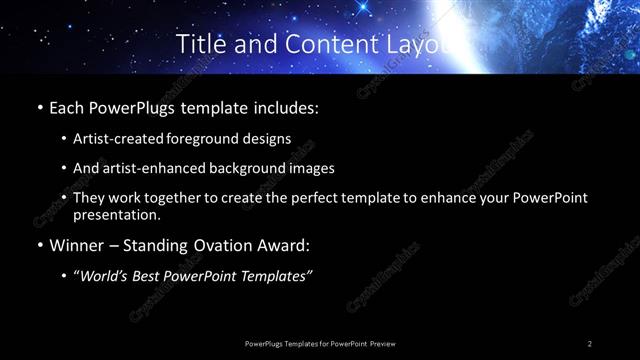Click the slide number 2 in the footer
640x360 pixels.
click(x=590, y=343)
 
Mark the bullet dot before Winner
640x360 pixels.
click(x=38, y=246)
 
